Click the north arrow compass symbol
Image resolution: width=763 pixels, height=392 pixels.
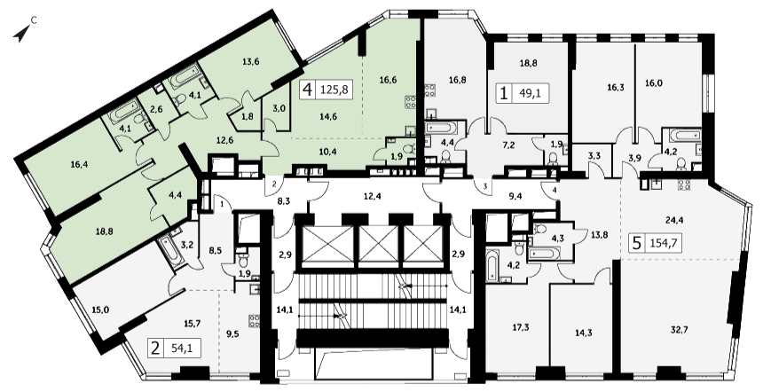(21, 34)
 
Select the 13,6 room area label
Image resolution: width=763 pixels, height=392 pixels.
(250, 61)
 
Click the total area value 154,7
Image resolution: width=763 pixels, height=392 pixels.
(664, 243)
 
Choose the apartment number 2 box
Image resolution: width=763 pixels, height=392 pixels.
(156, 349)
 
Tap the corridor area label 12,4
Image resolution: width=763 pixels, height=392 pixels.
(371, 197)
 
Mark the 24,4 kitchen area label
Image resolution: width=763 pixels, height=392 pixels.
(675, 219)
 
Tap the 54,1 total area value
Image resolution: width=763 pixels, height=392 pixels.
(181, 349)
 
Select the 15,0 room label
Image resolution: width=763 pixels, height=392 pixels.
(100, 310)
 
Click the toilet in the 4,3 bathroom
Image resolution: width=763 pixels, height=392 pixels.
(540, 229)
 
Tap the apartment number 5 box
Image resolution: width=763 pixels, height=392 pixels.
(636, 243)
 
